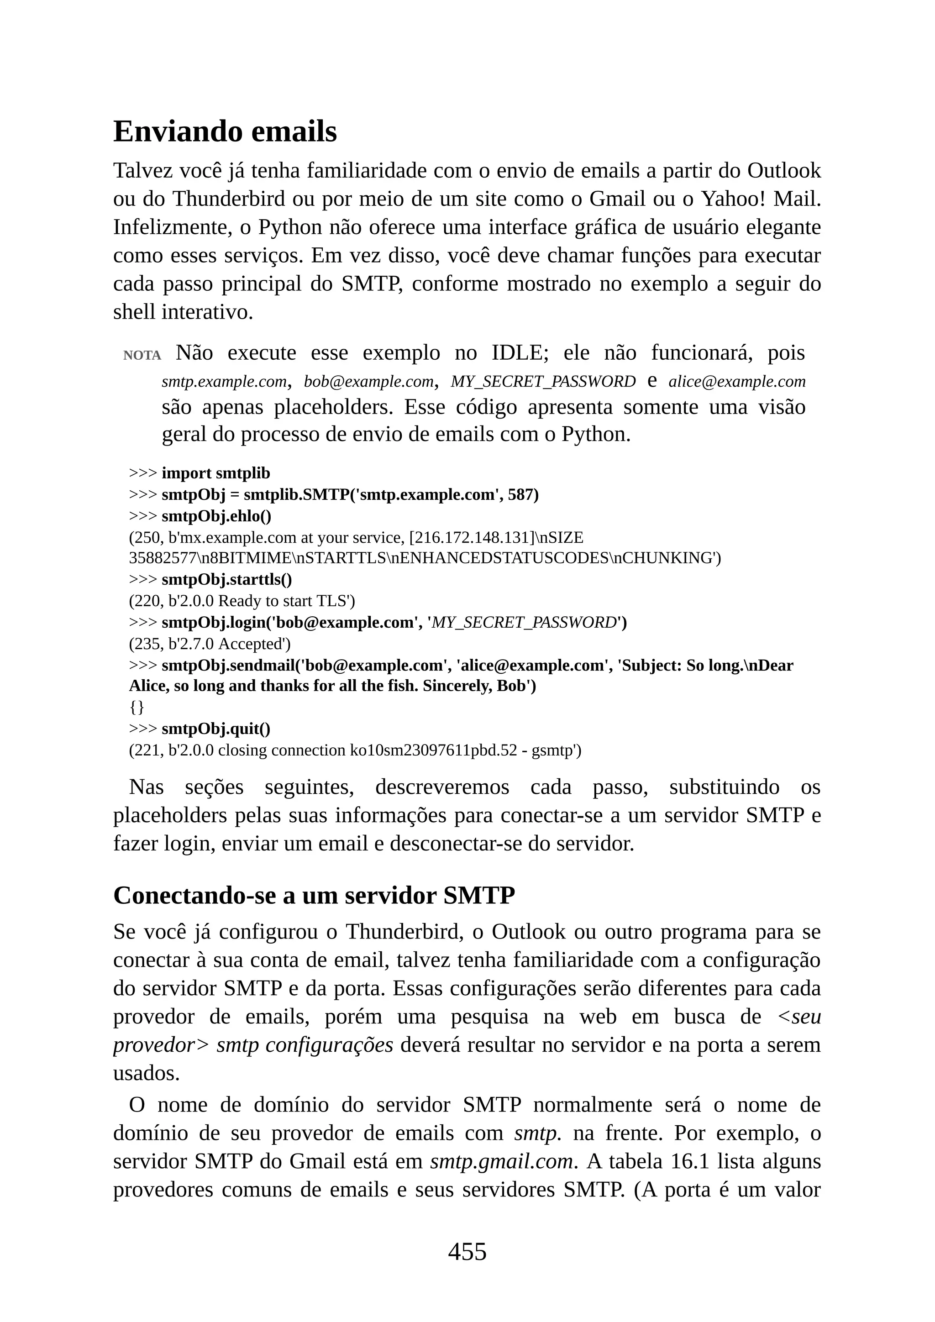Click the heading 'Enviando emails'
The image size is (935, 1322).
(x=225, y=131)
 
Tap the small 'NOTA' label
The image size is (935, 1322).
(x=142, y=355)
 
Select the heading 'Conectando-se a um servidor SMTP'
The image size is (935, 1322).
(x=314, y=895)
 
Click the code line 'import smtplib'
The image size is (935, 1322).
(x=215, y=473)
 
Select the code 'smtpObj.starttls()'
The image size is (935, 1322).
(x=227, y=579)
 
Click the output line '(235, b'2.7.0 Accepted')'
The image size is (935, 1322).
(x=210, y=643)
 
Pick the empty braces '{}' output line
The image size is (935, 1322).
(x=137, y=707)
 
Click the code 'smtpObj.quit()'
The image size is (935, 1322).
(x=216, y=729)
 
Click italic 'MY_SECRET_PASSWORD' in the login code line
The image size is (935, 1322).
(x=524, y=622)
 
